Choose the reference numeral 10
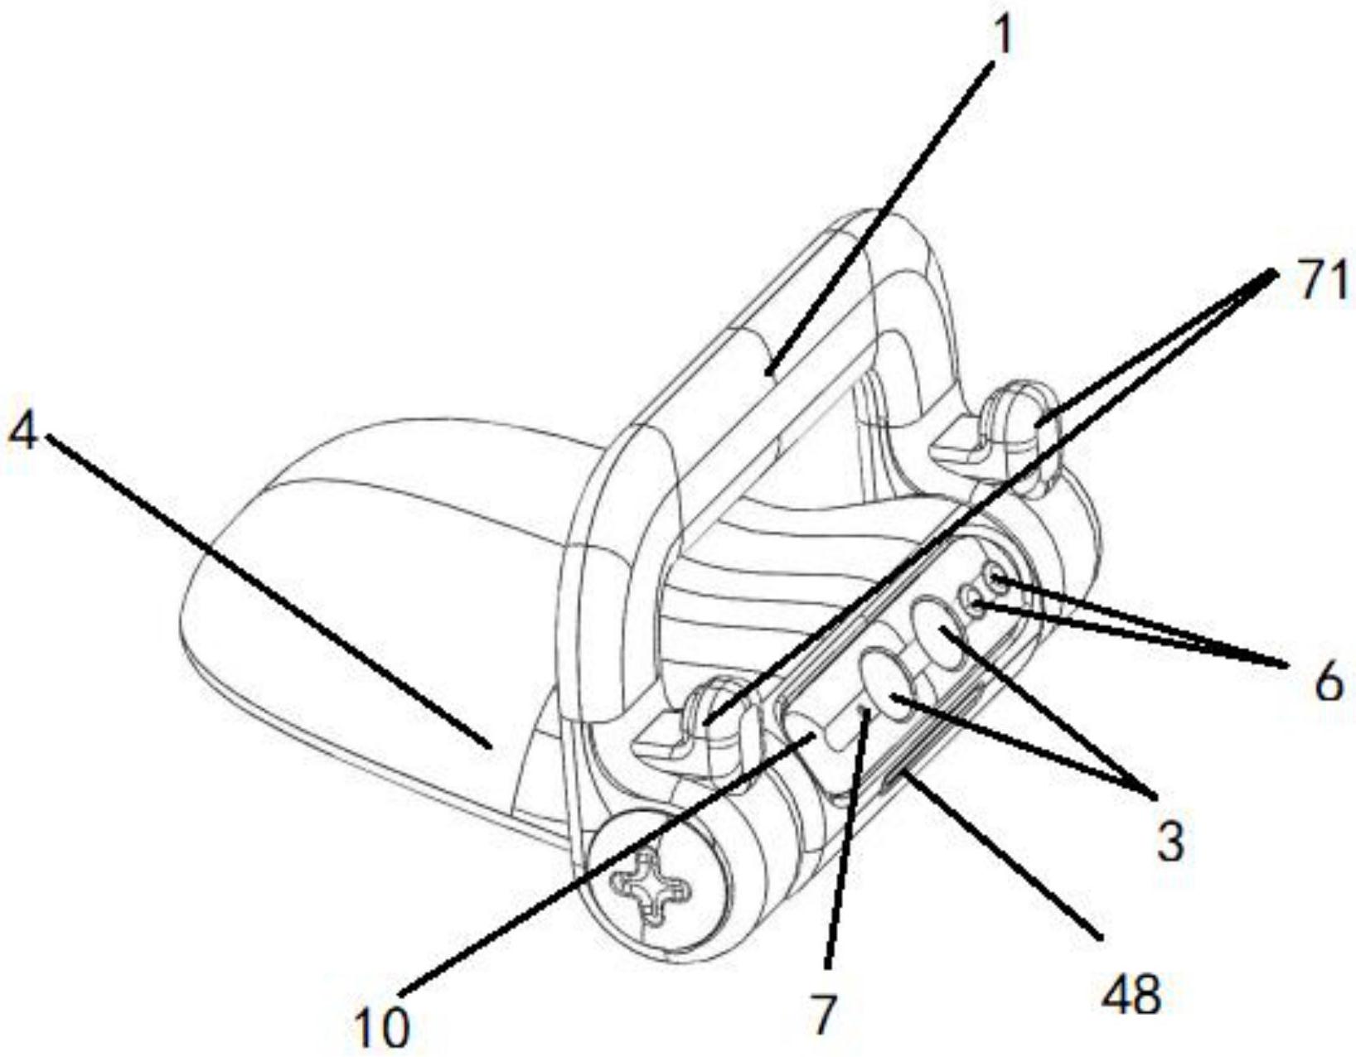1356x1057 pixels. coord(381,1026)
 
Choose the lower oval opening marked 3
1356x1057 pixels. coord(885,682)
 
